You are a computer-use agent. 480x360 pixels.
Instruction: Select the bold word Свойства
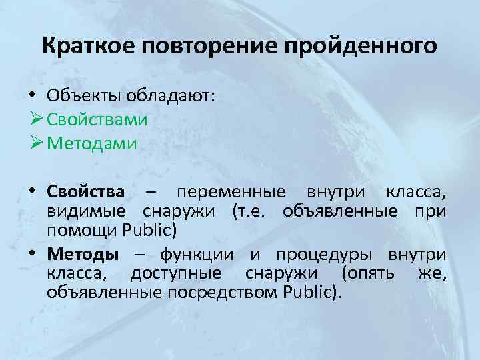point(86,192)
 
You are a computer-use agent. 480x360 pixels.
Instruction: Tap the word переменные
point(233,193)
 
